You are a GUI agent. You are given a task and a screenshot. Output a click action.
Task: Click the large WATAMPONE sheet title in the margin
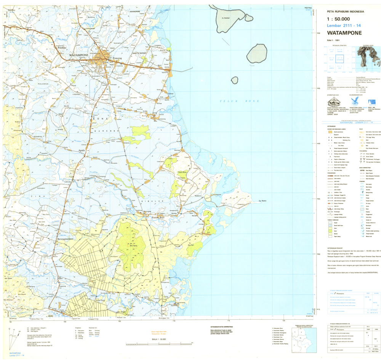point(344,33)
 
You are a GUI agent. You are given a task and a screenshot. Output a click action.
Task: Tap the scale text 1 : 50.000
point(338,19)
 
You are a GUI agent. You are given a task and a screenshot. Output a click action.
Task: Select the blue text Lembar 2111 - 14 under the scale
point(344,25)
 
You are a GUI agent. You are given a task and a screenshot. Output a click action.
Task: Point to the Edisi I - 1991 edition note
point(333,40)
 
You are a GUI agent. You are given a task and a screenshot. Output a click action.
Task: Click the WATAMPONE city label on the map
point(79,55)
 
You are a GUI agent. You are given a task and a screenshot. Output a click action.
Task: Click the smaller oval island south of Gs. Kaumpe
point(257,53)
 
